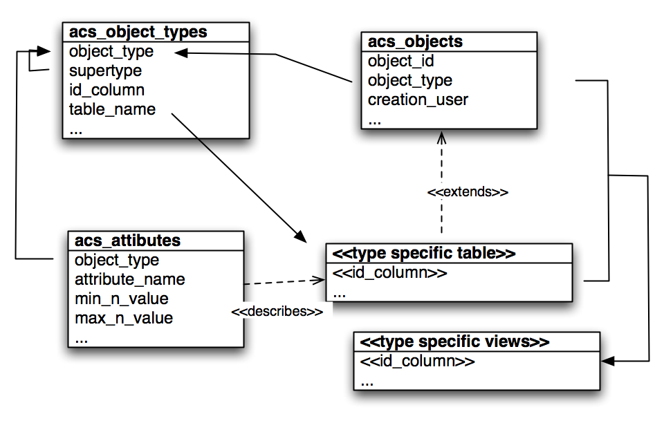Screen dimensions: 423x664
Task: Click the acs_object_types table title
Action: click(138, 32)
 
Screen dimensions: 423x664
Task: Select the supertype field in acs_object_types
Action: click(105, 70)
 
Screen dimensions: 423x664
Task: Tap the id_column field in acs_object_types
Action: click(107, 90)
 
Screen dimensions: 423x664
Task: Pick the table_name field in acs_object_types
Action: click(112, 109)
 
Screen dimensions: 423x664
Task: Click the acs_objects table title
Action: click(415, 41)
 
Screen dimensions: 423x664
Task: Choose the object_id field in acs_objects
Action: click(400, 61)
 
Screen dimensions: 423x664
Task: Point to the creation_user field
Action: click(418, 100)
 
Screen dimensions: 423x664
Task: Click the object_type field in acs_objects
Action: click(409, 80)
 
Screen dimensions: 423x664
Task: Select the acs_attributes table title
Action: click(127, 241)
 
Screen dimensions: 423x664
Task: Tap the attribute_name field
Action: click(129, 279)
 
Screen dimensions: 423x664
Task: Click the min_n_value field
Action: click(121, 299)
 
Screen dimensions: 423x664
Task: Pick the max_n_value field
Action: click(123, 318)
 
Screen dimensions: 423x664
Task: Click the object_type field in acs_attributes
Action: click(116, 260)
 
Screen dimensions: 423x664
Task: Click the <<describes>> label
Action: click(277, 312)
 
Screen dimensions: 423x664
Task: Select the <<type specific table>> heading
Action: click(424, 253)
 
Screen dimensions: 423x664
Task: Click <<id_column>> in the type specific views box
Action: click(408, 361)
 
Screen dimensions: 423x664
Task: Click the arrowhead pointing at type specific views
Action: click(607, 361)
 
